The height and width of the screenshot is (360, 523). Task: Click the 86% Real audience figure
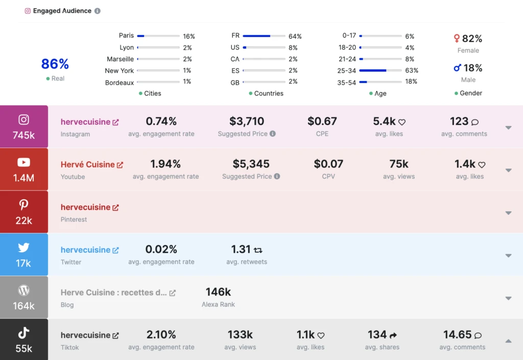pyautogui.click(x=55, y=64)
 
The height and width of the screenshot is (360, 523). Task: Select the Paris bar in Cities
pyautogui.click(x=158, y=36)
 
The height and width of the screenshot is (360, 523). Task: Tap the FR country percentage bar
pyautogui.click(x=264, y=36)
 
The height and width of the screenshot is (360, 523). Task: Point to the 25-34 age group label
pyautogui.click(x=347, y=70)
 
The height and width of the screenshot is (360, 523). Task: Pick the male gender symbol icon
pyautogui.click(x=458, y=68)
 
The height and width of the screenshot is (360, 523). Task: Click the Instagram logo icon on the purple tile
pyautogui.click(x=23, y=119)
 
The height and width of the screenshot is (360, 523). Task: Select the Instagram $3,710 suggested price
pyautogui.click(x=247, y=122)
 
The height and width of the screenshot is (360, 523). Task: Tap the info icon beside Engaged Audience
pyautogui.click(x=98, y=11)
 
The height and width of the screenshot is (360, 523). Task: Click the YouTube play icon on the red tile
pyautogui.click(x=23, y=162)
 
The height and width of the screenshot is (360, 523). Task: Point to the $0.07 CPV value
pyautogui.click(x=328, y=164)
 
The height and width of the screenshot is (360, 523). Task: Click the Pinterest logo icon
pyautogui.click(x=23, y=205)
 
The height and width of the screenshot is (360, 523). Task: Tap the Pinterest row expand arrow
pyautogui.click(x=508, y=213)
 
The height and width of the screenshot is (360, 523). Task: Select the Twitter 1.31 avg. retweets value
pyautogui.click(x=241, y=250)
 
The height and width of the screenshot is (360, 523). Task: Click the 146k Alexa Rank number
pyautogui.click(x=218, y=292)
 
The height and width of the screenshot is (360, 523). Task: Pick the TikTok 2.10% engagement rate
pyautogui.click(x=161, y=335)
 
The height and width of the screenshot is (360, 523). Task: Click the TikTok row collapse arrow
pyautogui.click(x=508, y=341)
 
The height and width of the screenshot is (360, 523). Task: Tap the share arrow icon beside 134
pyautogui.click(x=393, y=335)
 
